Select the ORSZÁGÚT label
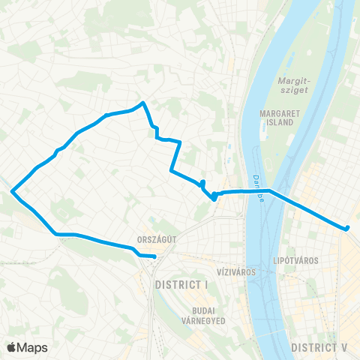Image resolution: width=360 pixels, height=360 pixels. tap(157, 241)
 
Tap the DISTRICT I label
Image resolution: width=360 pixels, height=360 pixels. tap(181, 286)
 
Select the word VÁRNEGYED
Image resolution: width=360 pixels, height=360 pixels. tap(203, 320)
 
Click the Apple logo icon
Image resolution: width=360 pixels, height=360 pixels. tap(11, 347)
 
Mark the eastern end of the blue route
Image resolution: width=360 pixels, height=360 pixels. tap(349, 227)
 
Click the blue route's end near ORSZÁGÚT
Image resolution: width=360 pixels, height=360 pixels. tap(154, 256)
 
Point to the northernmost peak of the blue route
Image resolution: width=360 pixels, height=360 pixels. tap(142, 103)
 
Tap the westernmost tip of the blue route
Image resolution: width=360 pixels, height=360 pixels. tap(12, 192)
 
